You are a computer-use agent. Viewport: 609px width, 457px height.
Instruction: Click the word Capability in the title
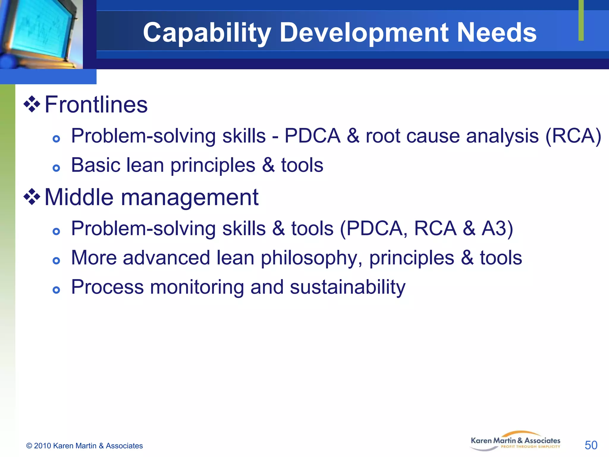point(206,33)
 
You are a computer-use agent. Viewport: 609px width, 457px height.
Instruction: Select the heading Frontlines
point(96,105)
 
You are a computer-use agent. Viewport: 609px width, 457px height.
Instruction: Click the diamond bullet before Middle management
point(32,197)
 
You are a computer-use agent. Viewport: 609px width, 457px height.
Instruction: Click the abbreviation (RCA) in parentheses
point(573,136)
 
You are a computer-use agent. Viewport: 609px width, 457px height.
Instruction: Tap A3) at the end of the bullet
point(497,229)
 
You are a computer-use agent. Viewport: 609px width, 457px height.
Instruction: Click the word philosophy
point(311,258)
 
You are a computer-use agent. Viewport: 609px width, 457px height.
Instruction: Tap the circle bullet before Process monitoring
point(56,290)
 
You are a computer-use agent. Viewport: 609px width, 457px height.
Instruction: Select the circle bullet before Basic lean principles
point(56,168)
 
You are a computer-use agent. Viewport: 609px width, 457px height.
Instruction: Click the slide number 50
point(591,445)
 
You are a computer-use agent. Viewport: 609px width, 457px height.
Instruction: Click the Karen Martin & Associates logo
point(515,441)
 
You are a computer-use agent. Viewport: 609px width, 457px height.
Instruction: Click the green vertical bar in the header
point(581,20)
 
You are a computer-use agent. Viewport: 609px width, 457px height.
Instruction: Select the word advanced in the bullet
point(166,258)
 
